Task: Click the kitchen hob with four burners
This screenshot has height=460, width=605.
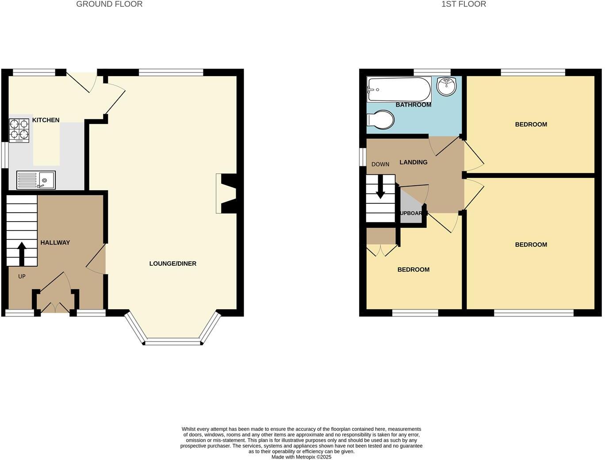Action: point(19,130)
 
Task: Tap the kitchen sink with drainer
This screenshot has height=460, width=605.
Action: point(36,180)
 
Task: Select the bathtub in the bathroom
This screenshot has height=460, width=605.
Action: point(398,89)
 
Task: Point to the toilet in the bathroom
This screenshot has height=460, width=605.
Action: point(381,120)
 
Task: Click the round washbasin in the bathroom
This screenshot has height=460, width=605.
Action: point(446,86)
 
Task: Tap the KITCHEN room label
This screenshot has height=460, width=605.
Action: point(46,120)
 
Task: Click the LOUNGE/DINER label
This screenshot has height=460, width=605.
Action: point(172,264)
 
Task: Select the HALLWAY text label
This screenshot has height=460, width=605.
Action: point(55,242)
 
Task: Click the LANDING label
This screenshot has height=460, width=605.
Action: point(414,162)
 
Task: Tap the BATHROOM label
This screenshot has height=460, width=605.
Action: point(414,105)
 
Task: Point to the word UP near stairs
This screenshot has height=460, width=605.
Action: point(22,276)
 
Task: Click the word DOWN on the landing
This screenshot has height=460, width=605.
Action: point(380,164)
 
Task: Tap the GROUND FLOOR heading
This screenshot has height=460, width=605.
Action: point(109,4)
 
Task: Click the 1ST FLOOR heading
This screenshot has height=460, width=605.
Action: point(463,4)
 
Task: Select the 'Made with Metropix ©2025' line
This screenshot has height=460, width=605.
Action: point(301,457)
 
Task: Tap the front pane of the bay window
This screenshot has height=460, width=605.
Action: point(172,341)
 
